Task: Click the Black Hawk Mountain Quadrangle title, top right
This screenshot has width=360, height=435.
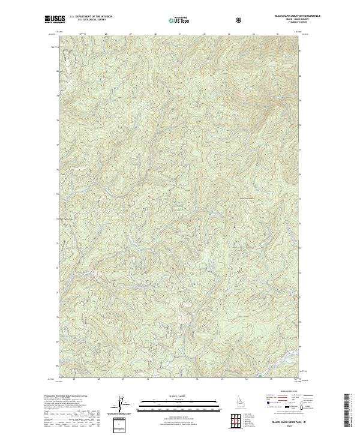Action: pos(289,16)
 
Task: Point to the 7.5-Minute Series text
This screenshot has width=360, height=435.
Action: pos(289,23)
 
